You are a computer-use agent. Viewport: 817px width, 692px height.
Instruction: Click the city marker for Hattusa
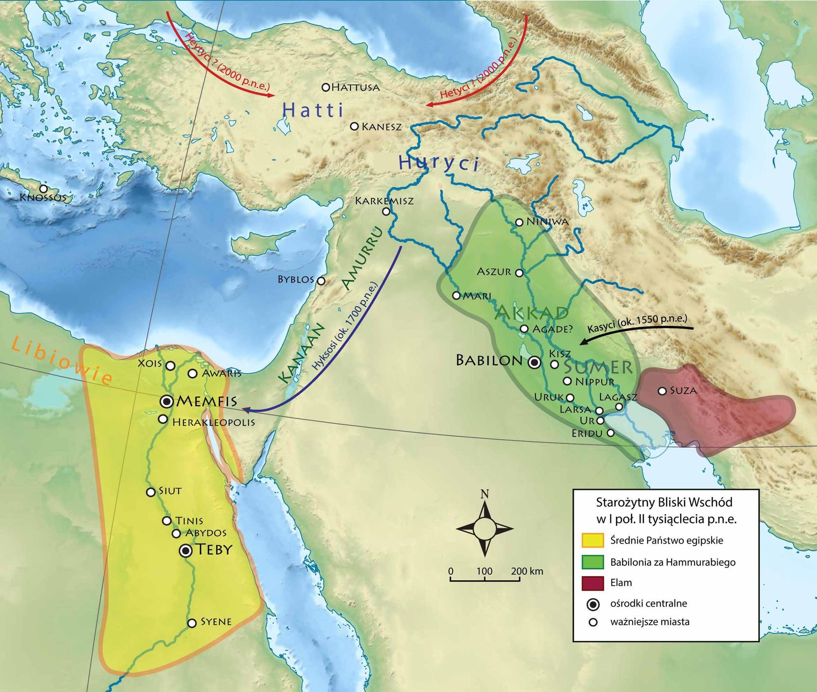tap(326, 87)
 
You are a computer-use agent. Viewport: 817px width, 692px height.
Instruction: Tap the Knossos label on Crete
tap(43, 198)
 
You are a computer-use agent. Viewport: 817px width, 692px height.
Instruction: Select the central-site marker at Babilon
tap(534, 362)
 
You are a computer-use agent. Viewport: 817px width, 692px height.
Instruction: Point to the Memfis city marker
tap(167, 402)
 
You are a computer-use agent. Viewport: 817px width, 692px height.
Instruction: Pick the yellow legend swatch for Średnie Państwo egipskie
tap(592, 540)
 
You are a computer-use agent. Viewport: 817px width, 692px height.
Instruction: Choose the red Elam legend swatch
tap(592, 583)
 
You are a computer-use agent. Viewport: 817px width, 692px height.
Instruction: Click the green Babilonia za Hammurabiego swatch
tap(592, 562)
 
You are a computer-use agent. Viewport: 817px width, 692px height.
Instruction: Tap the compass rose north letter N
tap(484, 494)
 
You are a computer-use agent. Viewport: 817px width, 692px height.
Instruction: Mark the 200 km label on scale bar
tap(527, 571)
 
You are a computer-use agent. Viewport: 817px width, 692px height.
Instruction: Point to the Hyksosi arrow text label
tap(345, 327)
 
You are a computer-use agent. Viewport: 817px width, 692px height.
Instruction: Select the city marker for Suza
tap(662, 391)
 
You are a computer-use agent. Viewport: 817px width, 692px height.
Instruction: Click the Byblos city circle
tap(321, 281)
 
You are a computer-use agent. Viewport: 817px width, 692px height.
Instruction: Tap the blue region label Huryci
tap(438, 163)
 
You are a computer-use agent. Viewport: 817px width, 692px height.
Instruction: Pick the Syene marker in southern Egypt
tap(192, 623)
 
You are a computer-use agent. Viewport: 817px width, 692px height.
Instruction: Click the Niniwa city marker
tap(519, 222)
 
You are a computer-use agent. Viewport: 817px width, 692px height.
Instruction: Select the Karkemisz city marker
tap(386, 211)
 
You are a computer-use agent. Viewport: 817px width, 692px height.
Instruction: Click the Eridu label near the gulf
tap(587, 433)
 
